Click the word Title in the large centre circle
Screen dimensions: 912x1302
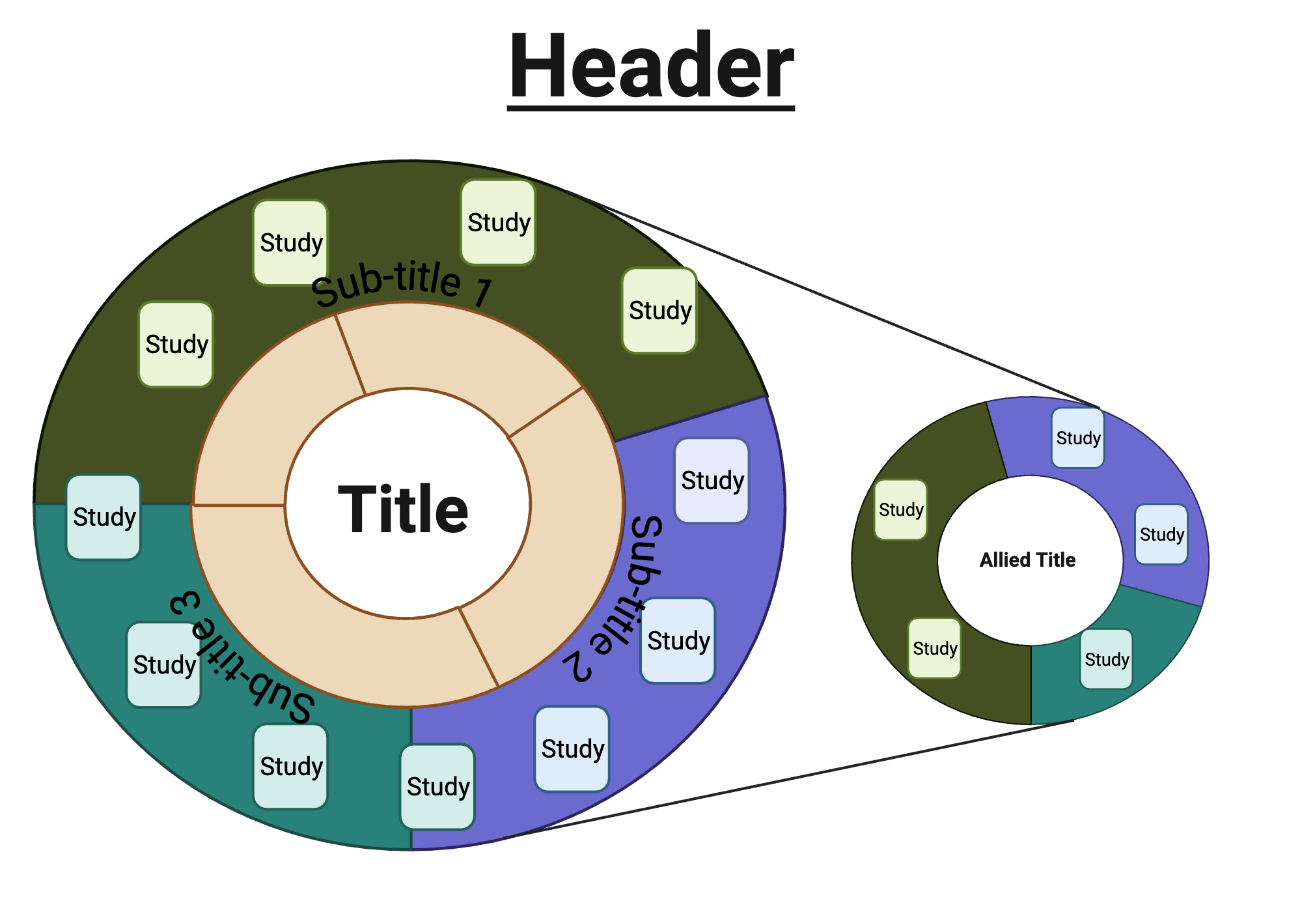tap(403, 509)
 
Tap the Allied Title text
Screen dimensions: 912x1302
tap(1027, 560)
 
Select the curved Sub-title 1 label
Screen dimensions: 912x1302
tap(400, 284)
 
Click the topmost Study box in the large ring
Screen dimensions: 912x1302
tap(498, 223)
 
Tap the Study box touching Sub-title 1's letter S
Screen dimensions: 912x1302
tap(290, 242)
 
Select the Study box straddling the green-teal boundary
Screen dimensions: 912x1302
tap(104, 517)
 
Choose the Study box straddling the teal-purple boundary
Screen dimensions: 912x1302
tap(437, 786)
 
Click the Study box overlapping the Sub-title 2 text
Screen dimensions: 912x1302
tap(678, 640)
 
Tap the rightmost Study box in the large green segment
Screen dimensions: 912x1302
tap(659, 311)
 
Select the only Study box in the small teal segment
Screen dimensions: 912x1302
tap(1106, 659)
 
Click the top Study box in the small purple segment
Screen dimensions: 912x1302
tap(1078, 438)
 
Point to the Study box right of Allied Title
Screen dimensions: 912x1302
tap(1161, 534)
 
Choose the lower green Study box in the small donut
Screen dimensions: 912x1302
tap(935, 648)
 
